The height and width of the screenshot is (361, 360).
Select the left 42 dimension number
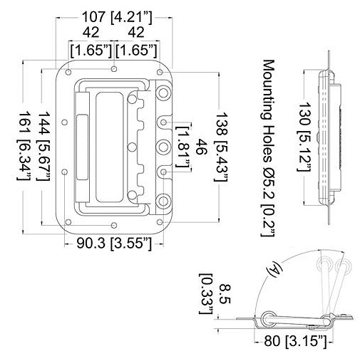90,32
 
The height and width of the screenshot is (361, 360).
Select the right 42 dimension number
135,32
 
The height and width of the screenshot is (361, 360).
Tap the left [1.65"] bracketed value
90,51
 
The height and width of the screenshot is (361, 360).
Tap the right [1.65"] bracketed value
137,51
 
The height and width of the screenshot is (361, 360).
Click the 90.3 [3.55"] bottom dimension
113,244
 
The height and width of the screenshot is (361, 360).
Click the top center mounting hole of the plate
114,70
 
